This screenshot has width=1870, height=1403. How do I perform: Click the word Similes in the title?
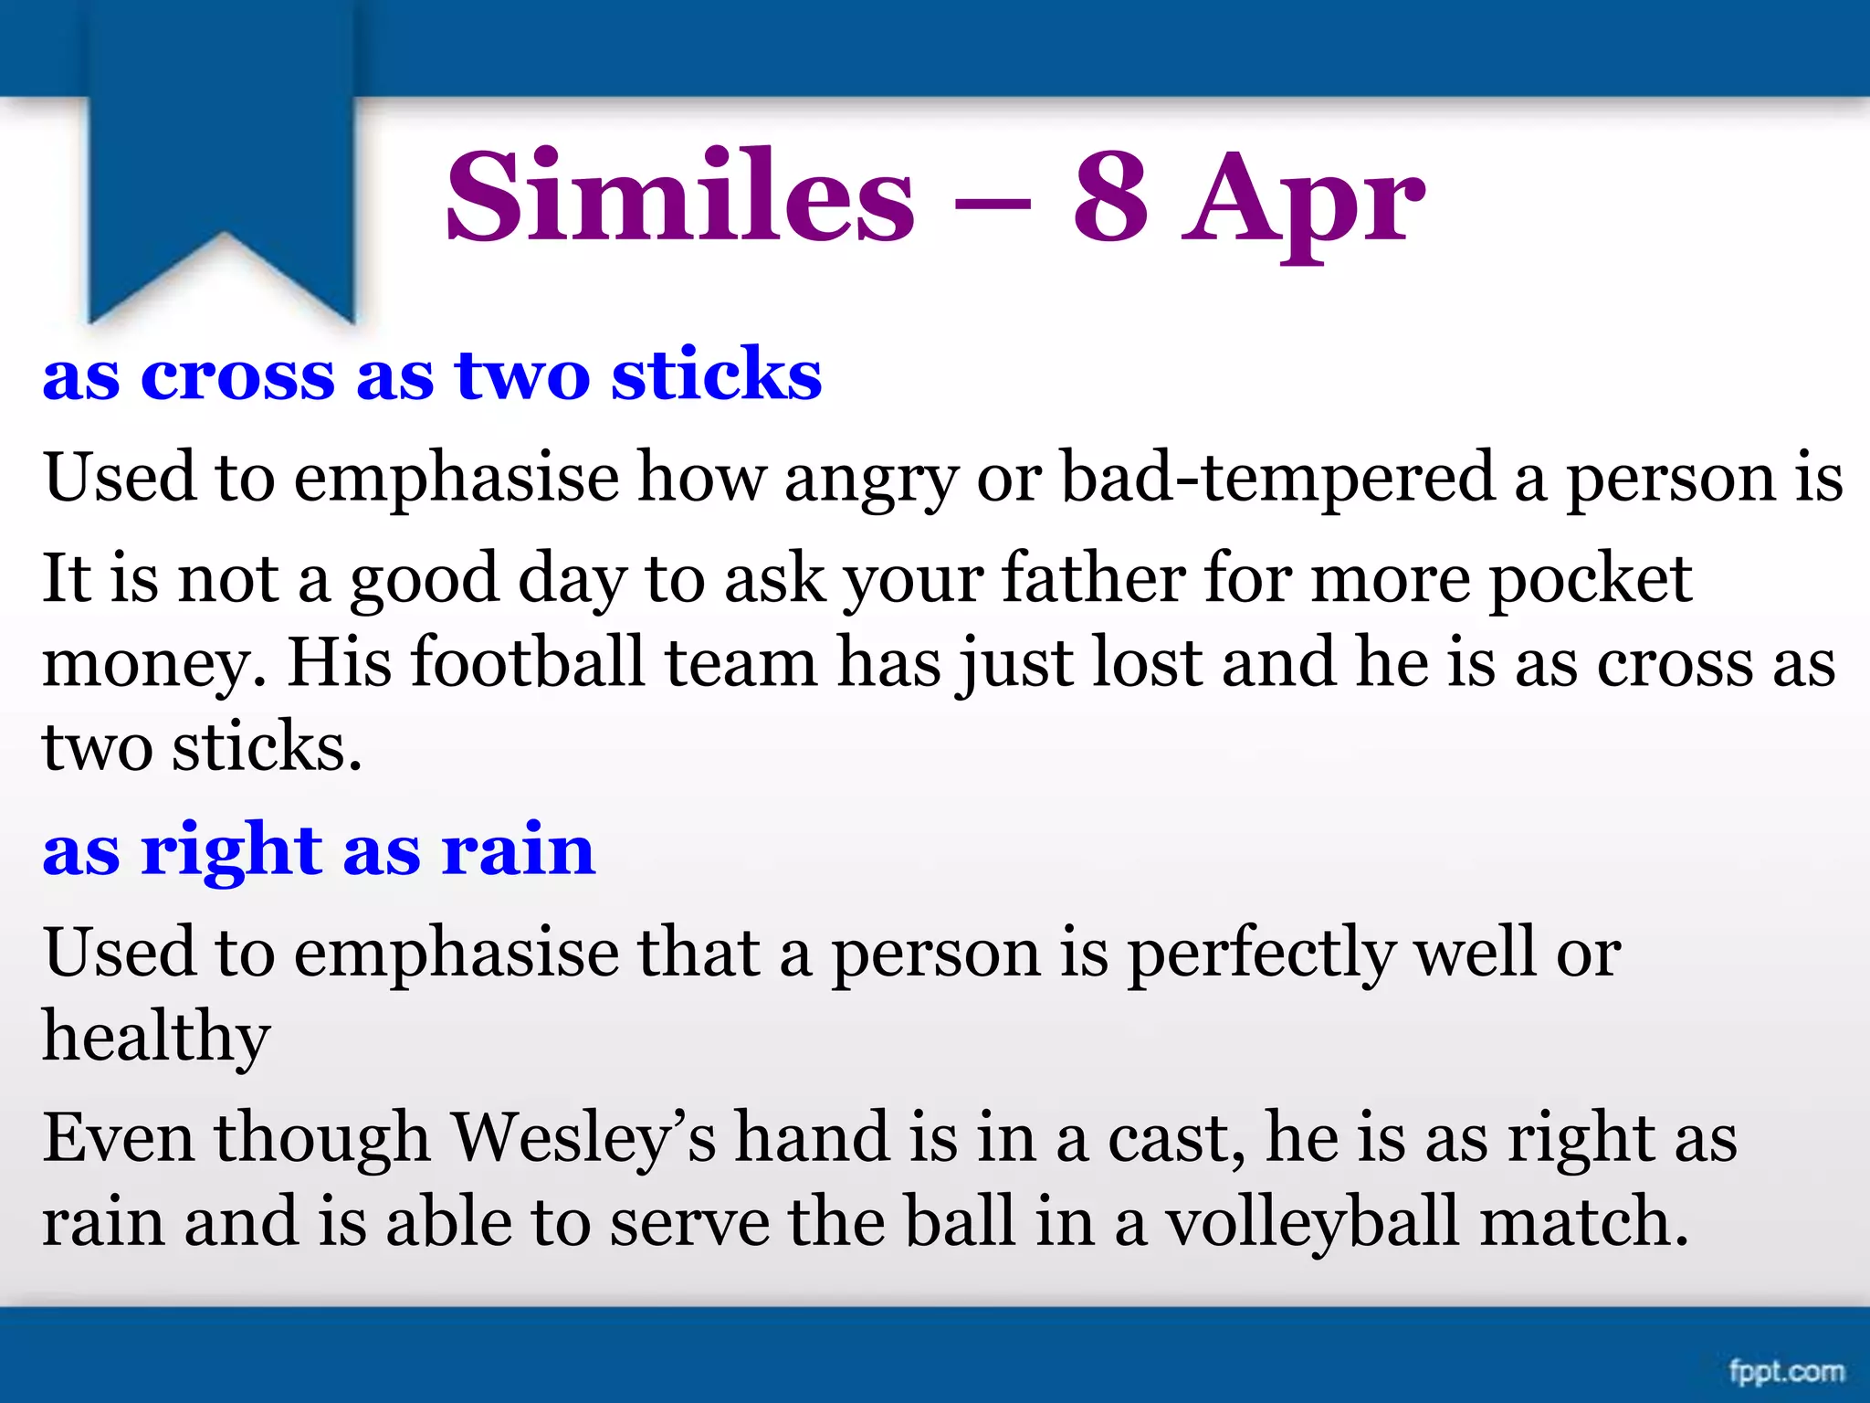[679, 197]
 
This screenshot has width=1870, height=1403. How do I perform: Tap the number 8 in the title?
[1109, 197]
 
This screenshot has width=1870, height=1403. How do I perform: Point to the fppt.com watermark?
[1786, 1371]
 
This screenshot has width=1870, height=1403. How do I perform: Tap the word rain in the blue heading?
[519, 849]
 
